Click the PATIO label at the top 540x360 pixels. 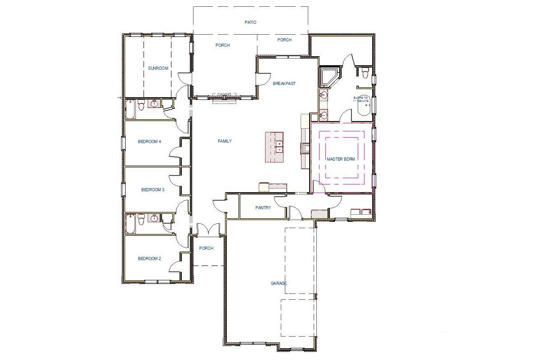tap(250, 22)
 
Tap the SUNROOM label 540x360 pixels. tap(158, 68)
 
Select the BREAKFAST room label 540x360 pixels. tap(284, 83)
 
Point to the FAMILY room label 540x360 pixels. tap(225, 141)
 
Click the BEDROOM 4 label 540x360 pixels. tap(149, 141)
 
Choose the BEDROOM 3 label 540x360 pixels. tap(153, 190)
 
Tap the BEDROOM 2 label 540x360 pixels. tap(149, 259)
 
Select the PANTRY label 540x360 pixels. tap(263, 208)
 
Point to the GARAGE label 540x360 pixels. tap(279, 283)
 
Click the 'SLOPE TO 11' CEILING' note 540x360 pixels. tap(361, 99)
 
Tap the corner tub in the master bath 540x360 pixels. tap(328, 77)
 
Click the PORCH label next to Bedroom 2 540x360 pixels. tap(206, 248)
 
